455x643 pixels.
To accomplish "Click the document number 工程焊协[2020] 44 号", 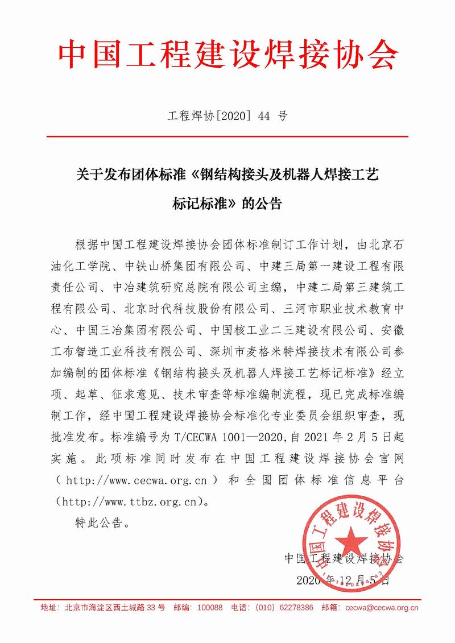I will (x=227, y=118).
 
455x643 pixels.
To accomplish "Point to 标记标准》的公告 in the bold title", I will (x=227, y=204).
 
